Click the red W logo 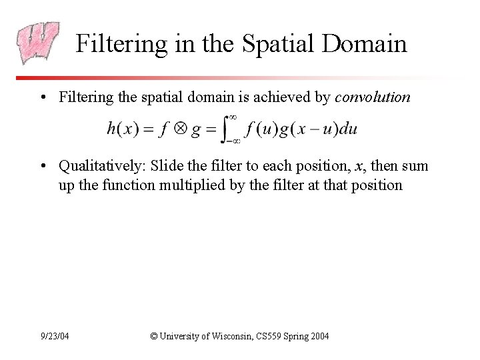pyautogui.click(x=39, y=43)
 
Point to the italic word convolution pyautogui.click(x=373, y=97)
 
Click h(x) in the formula pyautogui.click(x=123, y=129)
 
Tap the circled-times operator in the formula pyautogui.click(x=178, y=129)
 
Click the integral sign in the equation pyautogui.click(x=229, y=129)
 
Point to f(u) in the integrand pyautogui.click(x=260, y=129)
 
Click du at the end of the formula pyautogui.click(x=348, y=129)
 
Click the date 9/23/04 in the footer pyautogui.click(x=55, y=337)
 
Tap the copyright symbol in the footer pyautogui.click(x=155, y=337)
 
